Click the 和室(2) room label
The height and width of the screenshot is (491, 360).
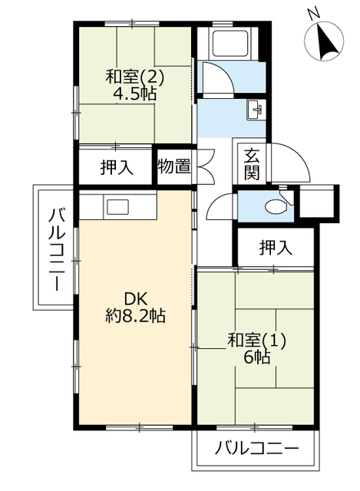click(135, 77)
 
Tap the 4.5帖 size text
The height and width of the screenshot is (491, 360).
click(135, 94)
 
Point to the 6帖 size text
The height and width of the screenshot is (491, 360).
click(257, 357)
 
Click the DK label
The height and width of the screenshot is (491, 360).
click(135, 299)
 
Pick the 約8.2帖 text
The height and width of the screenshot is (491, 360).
click(135, 315)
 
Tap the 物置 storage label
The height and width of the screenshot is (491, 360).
click(174, 166)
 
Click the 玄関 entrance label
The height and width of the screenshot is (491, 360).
click(253, 165)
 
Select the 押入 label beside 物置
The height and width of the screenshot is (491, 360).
click(117, 167)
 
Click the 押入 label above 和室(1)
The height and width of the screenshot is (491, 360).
click(276, 247)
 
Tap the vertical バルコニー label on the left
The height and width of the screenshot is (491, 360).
click(57, 250)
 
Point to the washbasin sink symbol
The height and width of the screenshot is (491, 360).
click(256, 110)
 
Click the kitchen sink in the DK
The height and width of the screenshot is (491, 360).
click(117, 207)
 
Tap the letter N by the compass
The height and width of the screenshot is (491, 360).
click(313, 14)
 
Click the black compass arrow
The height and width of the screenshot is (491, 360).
click(327, 42)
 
